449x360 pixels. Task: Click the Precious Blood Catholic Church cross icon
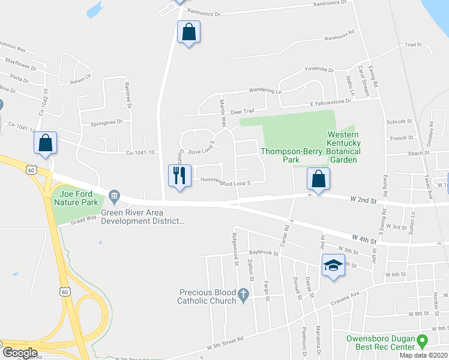(x=243, y=295)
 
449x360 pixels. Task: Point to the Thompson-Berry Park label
(x=280, y=155)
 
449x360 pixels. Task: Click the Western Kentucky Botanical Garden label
(x=343, y=147)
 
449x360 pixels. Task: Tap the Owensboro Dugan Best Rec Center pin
(x=422, y=342)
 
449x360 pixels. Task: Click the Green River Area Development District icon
(x=115, y=196)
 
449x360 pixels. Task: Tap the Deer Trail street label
(x=243, y=111)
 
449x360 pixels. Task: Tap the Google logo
(x=20, y=353)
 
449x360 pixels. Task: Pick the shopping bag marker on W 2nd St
(x=318, y=179)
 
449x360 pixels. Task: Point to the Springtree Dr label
(x=106, y=122)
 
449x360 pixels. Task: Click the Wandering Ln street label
(x=267, y=91)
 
